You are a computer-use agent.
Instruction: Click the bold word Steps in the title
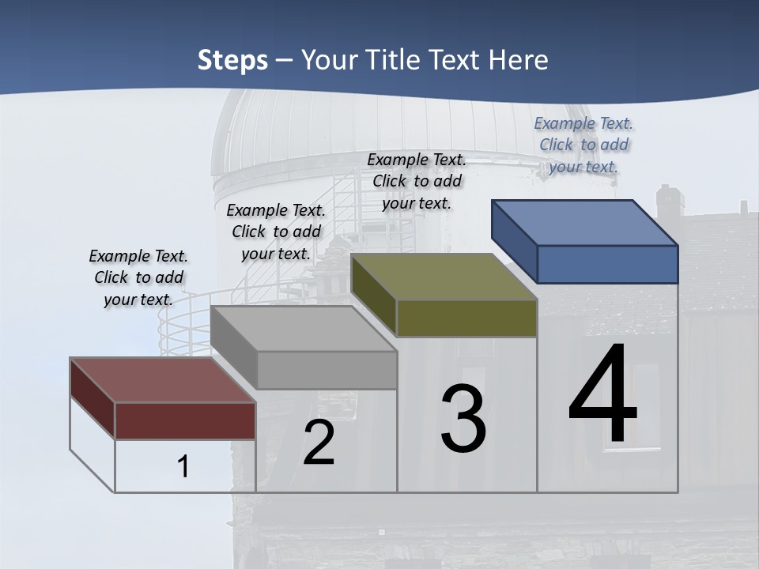(232, 61)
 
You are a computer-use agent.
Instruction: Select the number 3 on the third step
(463, 420)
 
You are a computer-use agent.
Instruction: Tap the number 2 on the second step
(319, 443)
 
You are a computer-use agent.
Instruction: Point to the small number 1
(183, 467)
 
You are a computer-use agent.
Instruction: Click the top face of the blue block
(584, 222)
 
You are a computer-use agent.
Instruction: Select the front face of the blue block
(607, 264)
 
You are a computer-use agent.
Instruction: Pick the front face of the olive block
(466, 318)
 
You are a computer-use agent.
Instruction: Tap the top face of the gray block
(304, 328)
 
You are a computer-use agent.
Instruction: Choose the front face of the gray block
(327, 370)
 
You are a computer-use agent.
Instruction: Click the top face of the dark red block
(162, 380)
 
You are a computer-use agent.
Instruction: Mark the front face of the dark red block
(185, 420)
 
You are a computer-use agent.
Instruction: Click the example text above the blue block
(583, 145)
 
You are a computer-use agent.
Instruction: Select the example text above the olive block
(417, 181)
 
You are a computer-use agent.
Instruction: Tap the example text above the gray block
(276, 232)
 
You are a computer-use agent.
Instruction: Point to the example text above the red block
(138, 277)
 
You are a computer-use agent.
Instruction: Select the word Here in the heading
(519, 61)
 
